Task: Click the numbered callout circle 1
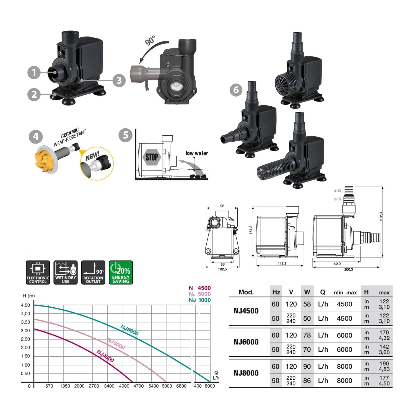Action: (x=34, y=72)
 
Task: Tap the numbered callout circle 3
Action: (x=119, y=80)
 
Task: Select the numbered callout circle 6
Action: (x=236, y=90)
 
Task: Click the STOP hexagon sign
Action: (x=152, y=157)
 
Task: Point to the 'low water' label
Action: (x=196, y=153)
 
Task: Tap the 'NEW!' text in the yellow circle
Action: (x=92, y=156)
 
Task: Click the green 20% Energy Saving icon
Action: (x=121, y=273)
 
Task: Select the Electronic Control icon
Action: (x=38, y=273)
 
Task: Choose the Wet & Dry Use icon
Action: (x=66, y=273)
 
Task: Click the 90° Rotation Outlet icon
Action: (x=93, y=273)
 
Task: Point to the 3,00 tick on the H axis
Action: (x=25, y=331)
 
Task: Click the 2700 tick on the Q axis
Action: (x=94, y=386)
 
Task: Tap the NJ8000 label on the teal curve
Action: (x=129, y=330)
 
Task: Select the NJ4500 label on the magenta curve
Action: (x=105, y=356)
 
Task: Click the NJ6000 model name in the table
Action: (x=246, y=342)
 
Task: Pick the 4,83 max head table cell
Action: (x=384, y=369)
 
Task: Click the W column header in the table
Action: (x=307, y=292)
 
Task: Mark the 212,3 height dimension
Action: (x=381, y=216)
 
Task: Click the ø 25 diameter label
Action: (x=338, y=190)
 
